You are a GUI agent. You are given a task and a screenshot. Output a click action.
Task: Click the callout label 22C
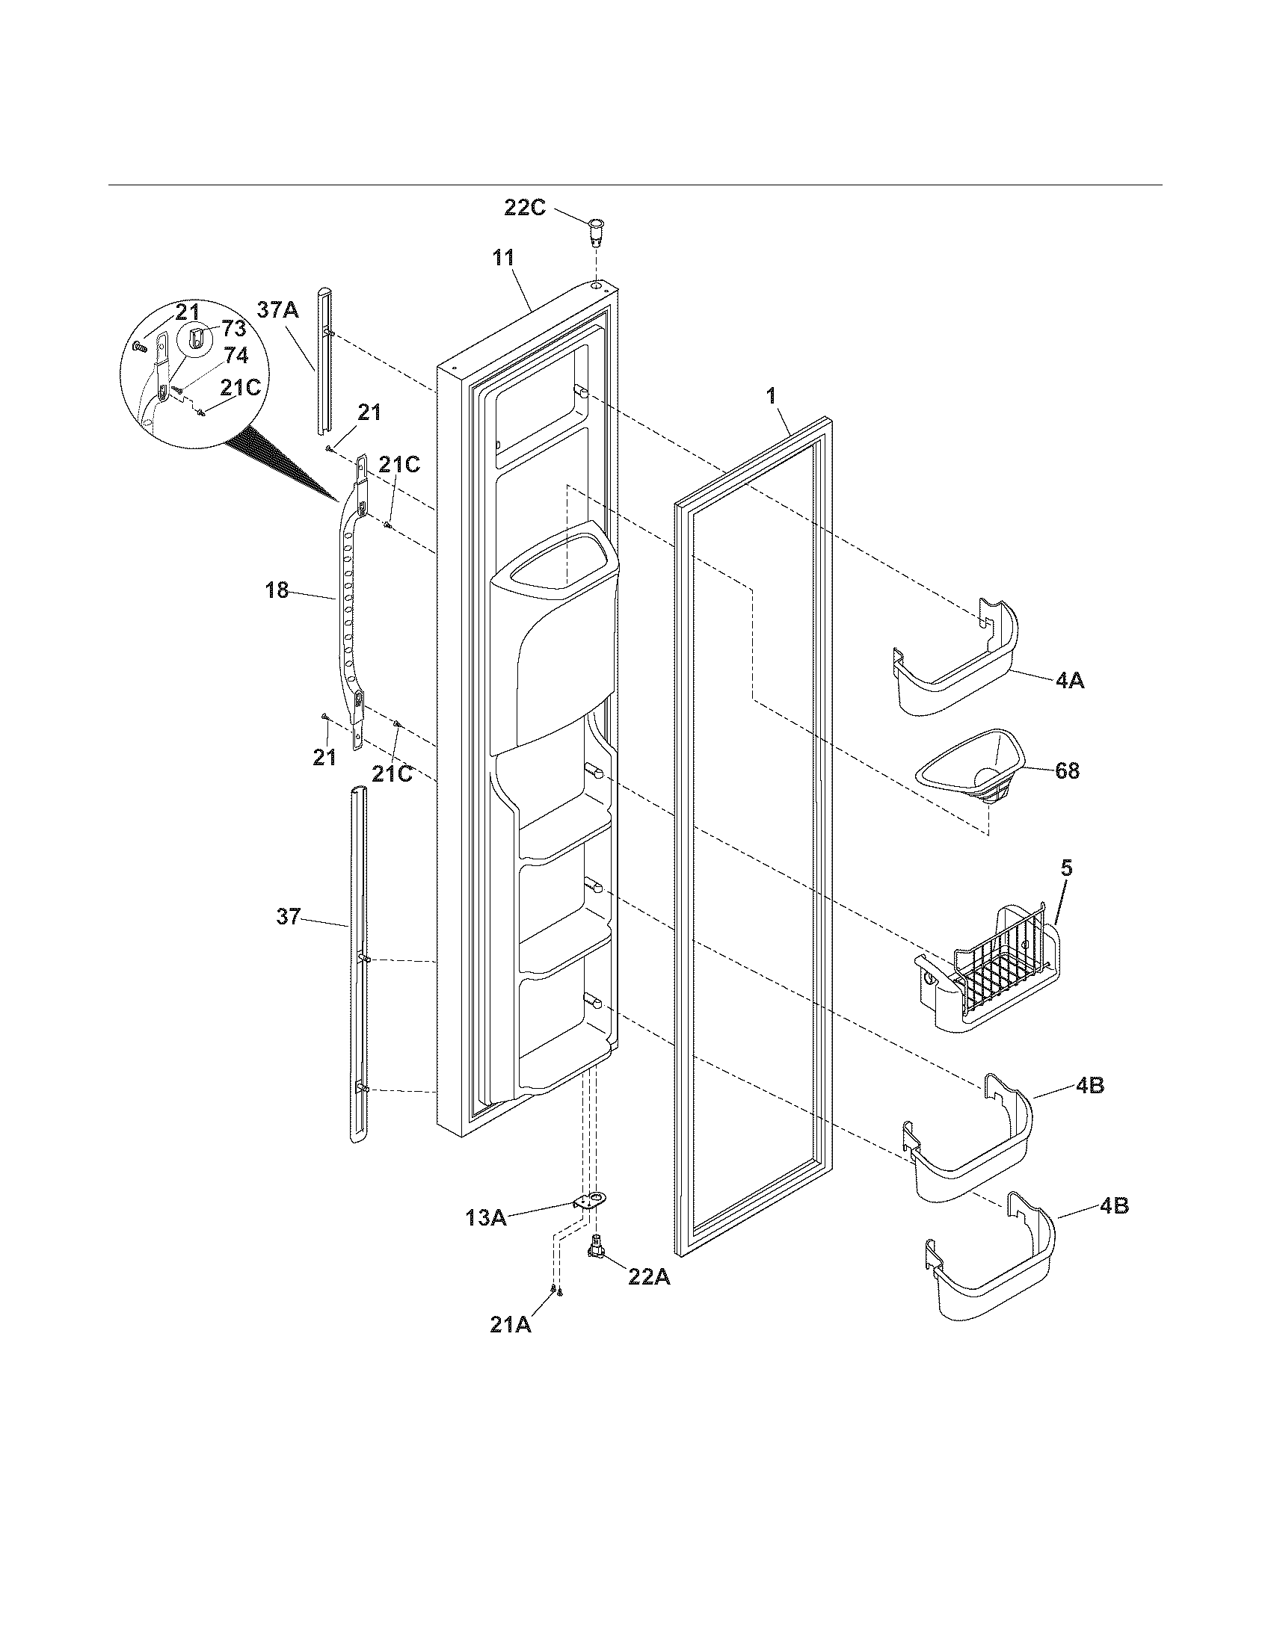[525, 208]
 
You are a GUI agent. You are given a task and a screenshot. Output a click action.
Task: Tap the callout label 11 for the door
[503, 258]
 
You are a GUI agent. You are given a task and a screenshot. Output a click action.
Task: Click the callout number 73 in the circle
[233, 328]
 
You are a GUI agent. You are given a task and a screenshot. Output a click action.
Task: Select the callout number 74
[236, 356]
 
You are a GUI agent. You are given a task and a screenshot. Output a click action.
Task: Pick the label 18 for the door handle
[277, 591]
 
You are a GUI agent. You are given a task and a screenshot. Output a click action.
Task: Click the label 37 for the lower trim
[289, 917]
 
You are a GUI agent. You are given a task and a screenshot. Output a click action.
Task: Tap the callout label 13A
[487, 1217]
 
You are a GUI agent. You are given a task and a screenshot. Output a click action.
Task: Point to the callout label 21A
[511, 1325]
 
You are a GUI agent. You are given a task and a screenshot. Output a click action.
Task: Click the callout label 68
[1067, 771]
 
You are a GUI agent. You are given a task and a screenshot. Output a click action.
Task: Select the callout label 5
[1067, 868]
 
